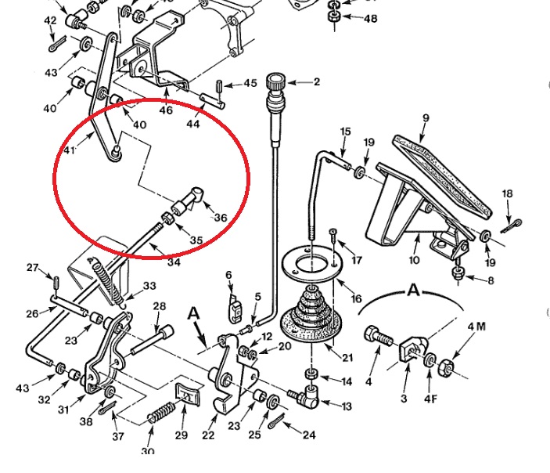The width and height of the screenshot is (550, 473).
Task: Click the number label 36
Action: tap(221, 218)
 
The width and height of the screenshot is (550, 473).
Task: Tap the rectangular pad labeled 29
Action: tap(185, 392)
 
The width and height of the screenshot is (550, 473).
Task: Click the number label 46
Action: tap(166, 111)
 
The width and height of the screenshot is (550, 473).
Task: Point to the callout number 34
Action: tap(174, 262)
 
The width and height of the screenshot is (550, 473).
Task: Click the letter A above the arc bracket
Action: tap(413, 290)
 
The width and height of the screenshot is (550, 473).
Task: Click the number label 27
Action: tap(32, 268)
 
